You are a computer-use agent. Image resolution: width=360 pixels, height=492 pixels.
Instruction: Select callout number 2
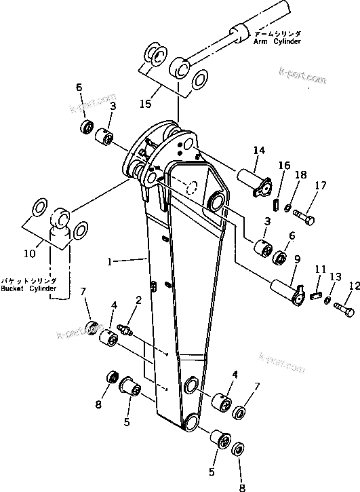[x=138, y=299]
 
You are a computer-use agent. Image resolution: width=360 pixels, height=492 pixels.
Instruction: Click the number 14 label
[x=258, y=150]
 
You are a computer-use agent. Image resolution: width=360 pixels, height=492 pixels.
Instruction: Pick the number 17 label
[x=320, y=185]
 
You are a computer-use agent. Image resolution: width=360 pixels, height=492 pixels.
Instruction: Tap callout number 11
[x=320, y=269]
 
